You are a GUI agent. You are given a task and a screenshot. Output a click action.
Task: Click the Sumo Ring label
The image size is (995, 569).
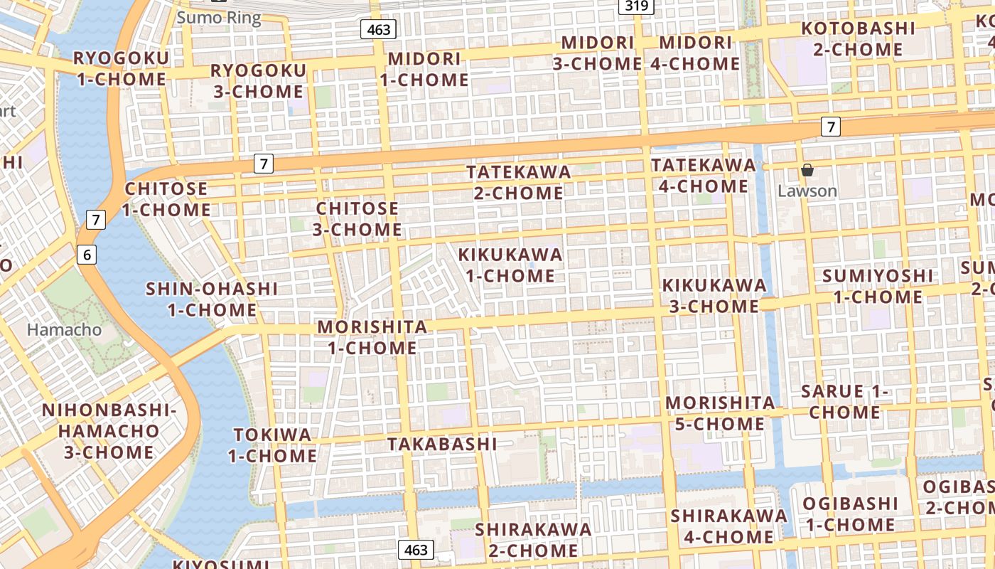[218, 18]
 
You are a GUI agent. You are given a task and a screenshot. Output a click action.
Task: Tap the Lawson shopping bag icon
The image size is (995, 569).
[807, 170]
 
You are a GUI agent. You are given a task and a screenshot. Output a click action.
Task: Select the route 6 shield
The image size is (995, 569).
[86, 254]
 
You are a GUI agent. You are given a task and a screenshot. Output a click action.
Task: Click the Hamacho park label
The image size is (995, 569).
[64, 330]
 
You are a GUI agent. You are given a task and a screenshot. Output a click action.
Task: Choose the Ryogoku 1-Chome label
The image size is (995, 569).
[122, 68]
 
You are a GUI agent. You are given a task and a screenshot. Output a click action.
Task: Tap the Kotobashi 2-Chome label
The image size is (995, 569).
[858, 39]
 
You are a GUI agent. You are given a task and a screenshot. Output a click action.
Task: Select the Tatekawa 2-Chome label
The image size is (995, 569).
[519, 182]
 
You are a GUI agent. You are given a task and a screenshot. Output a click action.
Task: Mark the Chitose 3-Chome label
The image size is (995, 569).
[357, 219]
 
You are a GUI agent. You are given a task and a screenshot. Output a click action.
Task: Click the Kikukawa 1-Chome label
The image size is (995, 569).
[510, 265]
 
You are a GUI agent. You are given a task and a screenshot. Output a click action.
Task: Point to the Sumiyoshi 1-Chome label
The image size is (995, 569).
[878, 286]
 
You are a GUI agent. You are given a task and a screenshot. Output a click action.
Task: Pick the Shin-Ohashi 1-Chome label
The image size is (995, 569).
[212, 299]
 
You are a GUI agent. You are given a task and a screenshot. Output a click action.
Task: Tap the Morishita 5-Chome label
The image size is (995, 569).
[720, 413]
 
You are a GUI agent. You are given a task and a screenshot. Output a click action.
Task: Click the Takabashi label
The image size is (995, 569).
[442, 444]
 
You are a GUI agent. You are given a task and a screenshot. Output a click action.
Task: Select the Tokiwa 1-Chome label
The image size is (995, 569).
[273, 445]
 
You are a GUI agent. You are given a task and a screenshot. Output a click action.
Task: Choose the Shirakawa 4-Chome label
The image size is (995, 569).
[728, 526]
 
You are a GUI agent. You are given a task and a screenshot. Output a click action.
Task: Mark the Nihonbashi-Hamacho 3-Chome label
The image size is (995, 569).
[109, 431]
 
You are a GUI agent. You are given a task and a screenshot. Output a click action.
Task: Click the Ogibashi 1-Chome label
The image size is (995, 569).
[849, 514]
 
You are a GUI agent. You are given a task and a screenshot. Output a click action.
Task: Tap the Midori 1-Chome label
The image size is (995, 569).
[424, 69]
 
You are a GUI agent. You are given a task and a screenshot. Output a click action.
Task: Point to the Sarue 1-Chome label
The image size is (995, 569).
[845, 401]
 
